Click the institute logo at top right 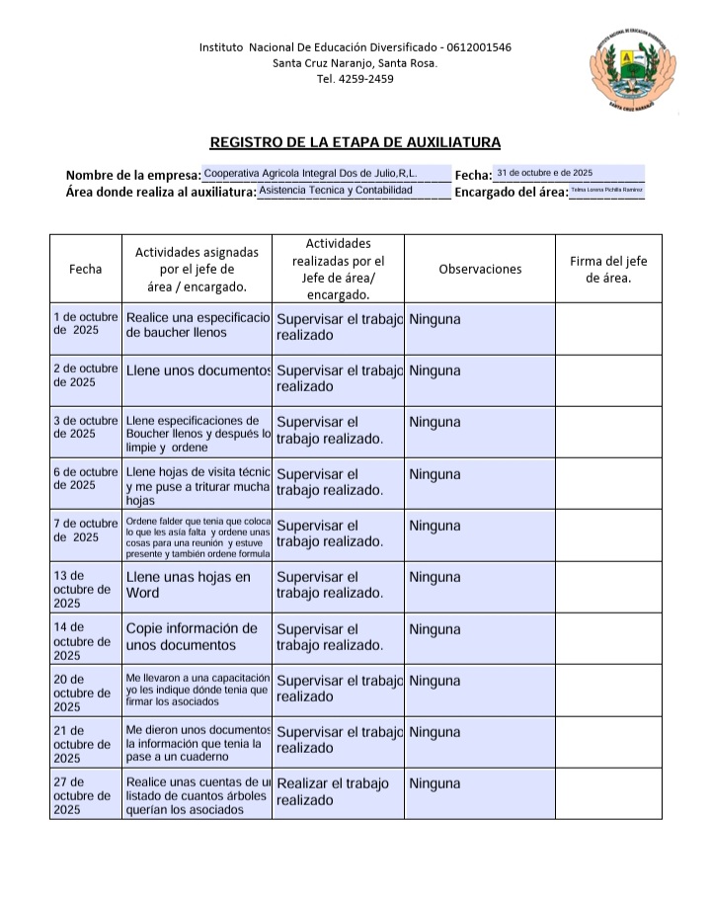(x=634, y=69)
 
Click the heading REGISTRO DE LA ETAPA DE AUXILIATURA (x=355, y=142)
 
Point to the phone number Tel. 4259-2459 (x=355, y=79)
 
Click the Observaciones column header (x=480, y=269)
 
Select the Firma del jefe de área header (x=608, y=269)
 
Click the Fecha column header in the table (x=85, y=269)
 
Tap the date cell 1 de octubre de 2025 (x=85, y=324)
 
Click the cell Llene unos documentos (x=197, y=370)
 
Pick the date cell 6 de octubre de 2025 (x=85, y=478)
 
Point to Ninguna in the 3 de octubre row (x=434, y=422)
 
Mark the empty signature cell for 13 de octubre (x=608, y=588)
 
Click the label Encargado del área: (x=511, y=193)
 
